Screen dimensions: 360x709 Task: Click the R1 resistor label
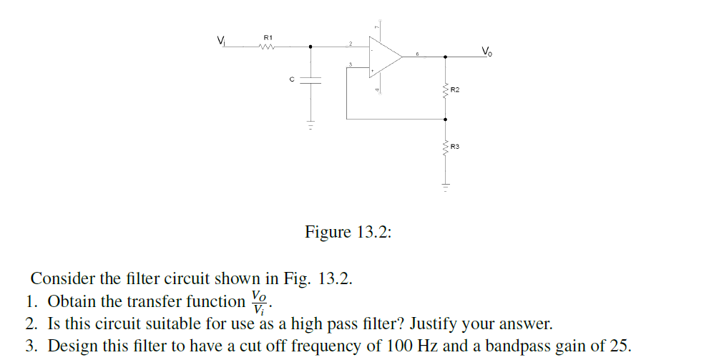268,37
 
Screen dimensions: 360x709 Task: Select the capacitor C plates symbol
311,79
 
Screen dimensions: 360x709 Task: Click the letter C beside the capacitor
292,79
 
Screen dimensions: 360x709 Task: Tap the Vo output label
486,51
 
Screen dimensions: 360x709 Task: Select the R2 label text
455,90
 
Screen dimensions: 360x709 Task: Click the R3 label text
455,147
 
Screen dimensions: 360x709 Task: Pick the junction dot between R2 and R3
446,120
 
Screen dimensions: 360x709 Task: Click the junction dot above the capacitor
311,49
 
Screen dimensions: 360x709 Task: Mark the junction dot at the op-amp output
446,57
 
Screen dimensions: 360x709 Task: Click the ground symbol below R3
446,188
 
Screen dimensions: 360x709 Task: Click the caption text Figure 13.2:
348,233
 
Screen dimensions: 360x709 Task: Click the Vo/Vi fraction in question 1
260,301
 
